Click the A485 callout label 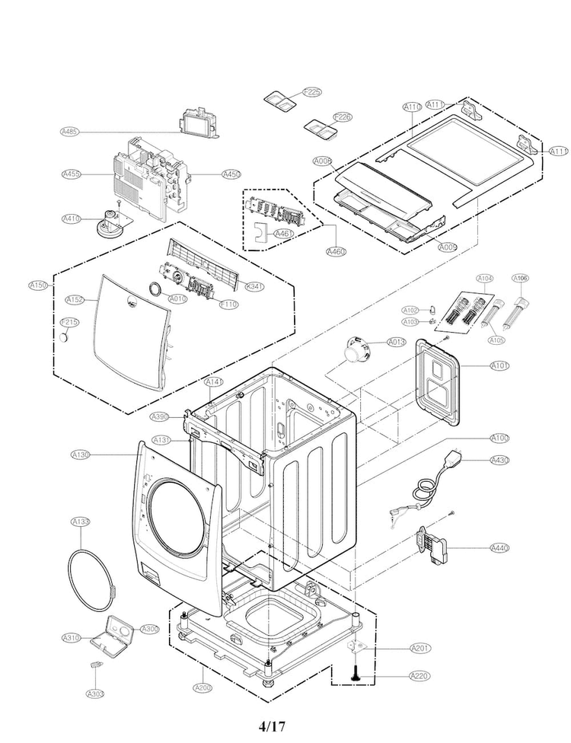point(70,132)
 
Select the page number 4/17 point(272,725)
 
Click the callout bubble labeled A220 point(419,675)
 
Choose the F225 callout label point(312,92)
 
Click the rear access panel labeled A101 point(439,381)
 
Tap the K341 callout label point(255,286)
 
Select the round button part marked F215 point(71,335)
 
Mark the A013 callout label point(396,342)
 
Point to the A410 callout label point(71,218)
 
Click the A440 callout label point(499,547)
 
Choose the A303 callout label point(95,694)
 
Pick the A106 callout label point(521,278)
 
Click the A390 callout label point(159,416)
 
